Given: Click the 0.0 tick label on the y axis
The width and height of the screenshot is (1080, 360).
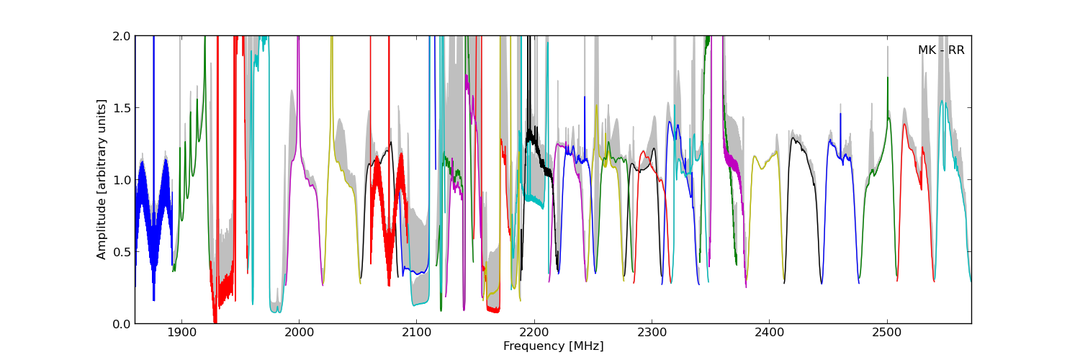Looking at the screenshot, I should coord(122,324).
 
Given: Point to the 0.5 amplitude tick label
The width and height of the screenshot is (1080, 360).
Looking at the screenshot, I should coord(122,252).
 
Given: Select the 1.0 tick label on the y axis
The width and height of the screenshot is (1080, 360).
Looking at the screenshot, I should coord(122,180).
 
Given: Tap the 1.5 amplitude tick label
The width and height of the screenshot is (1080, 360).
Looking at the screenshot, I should coord(122,108).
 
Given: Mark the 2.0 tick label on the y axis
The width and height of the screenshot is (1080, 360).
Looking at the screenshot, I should coord(122,36).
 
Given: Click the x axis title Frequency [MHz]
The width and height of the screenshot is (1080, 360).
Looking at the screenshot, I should coord(553,346).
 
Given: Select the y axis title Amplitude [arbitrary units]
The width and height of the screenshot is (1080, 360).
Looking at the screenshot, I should coord(102,179).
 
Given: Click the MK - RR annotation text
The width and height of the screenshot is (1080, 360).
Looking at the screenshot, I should coord(940,50).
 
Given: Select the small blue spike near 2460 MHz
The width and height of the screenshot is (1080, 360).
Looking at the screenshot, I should coord(840,115).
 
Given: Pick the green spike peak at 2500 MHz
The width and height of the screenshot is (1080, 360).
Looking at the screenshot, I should coord(887,78).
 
